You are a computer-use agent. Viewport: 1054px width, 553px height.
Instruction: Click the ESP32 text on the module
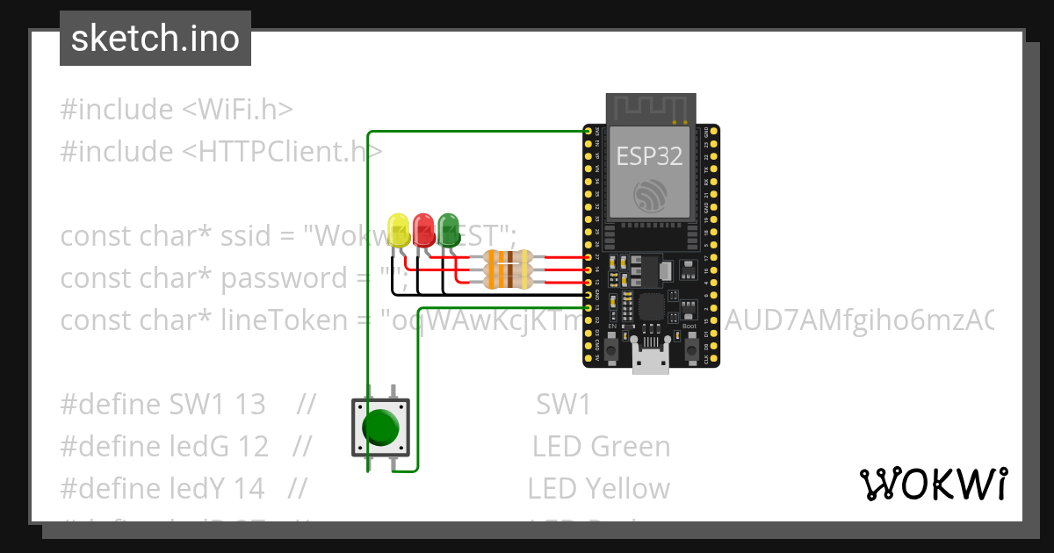coord(649,155)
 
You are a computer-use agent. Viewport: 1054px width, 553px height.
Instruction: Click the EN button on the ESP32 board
coord(608,348)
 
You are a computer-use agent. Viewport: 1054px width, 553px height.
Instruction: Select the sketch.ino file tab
coord(155,39)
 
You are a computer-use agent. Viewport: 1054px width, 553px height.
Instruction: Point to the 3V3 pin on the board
coord(588,131)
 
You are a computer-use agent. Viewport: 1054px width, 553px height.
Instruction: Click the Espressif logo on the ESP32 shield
coord(650,195)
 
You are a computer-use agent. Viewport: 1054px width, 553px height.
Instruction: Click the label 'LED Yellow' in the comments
coord(598,489)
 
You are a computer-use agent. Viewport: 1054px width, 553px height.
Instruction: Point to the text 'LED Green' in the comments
coord(601,447)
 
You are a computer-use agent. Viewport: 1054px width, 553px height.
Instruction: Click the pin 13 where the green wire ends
coord(588,308)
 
